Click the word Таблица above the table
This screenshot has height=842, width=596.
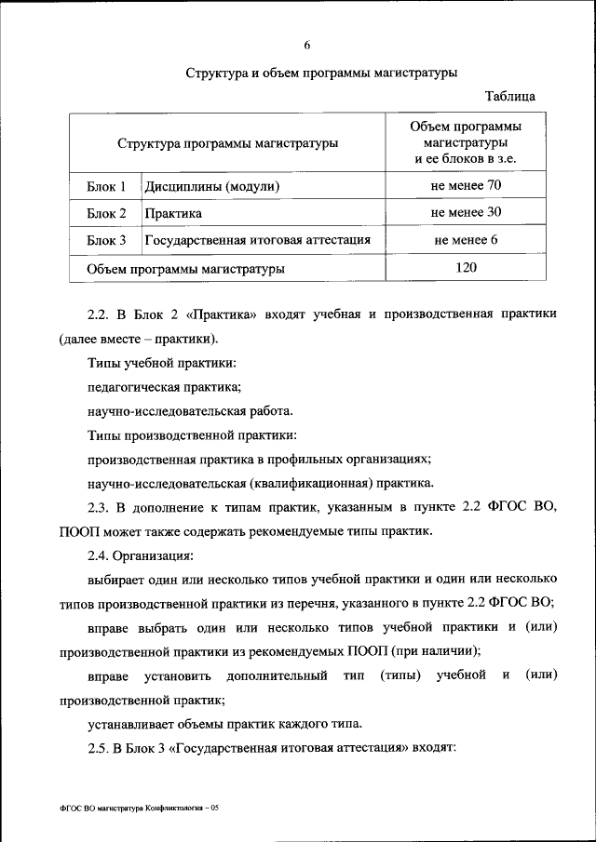click(x=509, y=97)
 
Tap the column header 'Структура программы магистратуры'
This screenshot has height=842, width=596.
click(x=227, y=143)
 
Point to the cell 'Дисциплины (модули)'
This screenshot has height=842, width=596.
click(x=212, y=187)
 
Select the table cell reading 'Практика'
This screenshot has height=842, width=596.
click(x=173, y=213)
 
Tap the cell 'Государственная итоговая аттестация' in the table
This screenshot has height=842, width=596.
click(x=258, y=240)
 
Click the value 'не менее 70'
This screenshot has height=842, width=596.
click(x=466, y=186)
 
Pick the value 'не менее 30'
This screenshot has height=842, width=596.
click(x=466, y=212)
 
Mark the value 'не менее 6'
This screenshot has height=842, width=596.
click(x=466, y=240)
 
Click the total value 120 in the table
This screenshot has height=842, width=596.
click(x=466, y=268)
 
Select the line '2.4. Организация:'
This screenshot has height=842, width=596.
click(x=140, y=555)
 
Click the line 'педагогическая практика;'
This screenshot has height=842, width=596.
click(x=164, y=386)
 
